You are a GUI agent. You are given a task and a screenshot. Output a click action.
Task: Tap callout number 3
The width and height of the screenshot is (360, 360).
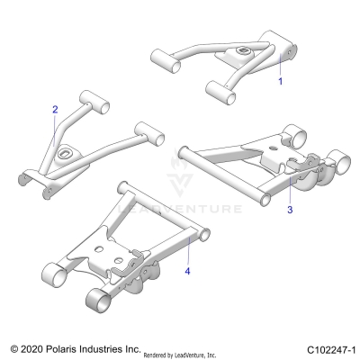pyautogui.click(x=289, y=210)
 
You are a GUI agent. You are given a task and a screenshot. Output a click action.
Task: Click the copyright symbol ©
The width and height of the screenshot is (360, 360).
pyautogui.click(x=13, y=347)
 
